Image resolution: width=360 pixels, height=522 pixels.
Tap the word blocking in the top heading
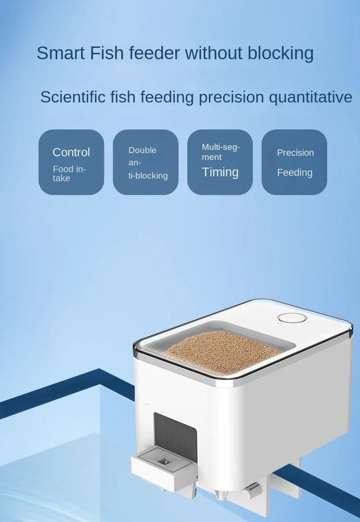tap(281, 53)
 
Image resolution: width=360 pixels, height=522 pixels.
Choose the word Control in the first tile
tap(71, 152)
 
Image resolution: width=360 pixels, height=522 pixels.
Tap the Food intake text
tap(69, 174)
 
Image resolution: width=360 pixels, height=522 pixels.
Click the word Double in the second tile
tap(142, 150)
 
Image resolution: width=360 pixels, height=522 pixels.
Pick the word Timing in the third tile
tap(220, 172)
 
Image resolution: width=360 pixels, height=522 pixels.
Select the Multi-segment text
tap(221, 152)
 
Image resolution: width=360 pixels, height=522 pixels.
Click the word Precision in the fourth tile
tap(295, 153)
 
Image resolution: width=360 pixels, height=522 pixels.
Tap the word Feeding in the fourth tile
tap(295, 173)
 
